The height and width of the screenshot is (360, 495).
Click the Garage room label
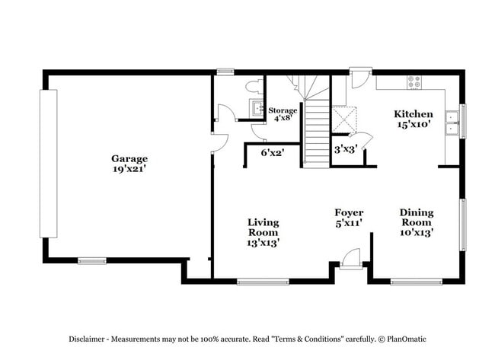[129, 158]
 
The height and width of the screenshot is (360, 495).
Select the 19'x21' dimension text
[129, 169]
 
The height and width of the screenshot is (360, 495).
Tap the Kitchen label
[414, 114]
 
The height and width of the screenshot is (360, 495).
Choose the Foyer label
[349, 212]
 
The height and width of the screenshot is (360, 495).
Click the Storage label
[283, 110]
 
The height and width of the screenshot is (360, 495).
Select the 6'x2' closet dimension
[272, 153]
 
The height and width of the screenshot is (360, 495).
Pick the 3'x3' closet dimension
[345, 149]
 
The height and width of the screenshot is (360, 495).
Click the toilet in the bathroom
[253, 87]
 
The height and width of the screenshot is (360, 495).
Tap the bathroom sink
[259, 107]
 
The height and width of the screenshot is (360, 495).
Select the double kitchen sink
[452, 123]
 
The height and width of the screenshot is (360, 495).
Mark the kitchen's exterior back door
[359, 77]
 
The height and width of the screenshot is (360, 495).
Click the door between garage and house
[219, 141]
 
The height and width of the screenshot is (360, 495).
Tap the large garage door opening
[49, 164]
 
